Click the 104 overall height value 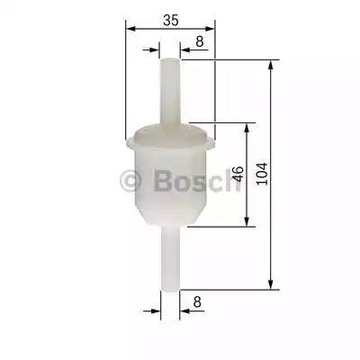(x=262, y=174)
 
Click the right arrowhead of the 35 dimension (x=212, y=28)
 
